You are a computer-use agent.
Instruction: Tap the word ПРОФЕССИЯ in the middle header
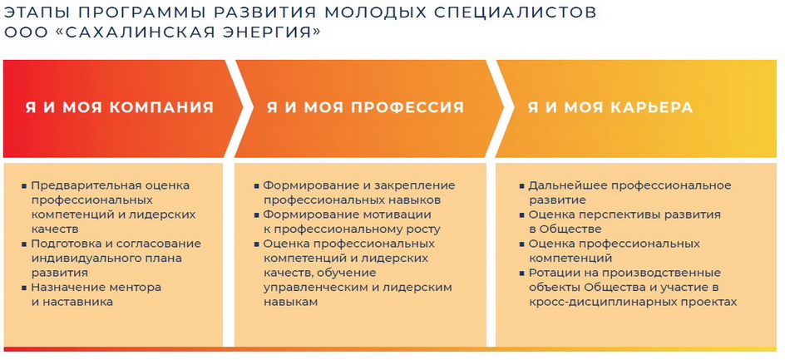point(407,107)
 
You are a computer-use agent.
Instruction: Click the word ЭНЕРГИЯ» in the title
point(257,32)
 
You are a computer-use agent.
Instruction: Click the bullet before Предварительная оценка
point(24,185)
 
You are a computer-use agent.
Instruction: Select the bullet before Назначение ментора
point(24,288)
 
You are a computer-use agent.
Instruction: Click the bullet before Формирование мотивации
point(256,215)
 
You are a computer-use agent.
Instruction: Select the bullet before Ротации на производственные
point(521,274)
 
